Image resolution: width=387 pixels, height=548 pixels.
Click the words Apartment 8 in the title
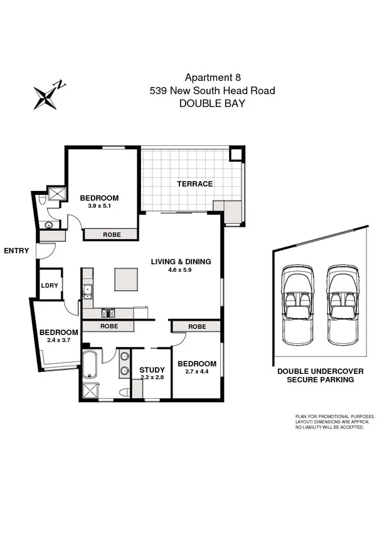tap(212, 78)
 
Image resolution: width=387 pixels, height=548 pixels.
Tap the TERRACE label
tap(194, 184)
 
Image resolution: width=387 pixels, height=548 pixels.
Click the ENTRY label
tap(16, 251)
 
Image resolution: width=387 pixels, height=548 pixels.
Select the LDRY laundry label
tap(50, 285)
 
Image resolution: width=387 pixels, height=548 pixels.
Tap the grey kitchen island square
tap(125, 279)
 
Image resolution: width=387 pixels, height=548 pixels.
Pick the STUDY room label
tap(152, 370)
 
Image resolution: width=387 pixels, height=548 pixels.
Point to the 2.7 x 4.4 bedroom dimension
tap(196, 373)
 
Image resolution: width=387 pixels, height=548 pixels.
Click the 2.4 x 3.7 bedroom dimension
tap(59, 341)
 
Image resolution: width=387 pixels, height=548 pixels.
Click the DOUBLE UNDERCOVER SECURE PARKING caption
tap(320, 375)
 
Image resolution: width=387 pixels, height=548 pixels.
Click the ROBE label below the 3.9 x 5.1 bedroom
tap(111, 234)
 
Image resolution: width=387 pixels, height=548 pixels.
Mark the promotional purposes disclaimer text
tap(334, 422)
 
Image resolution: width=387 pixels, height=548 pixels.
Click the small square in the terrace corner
tap(236, 154)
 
